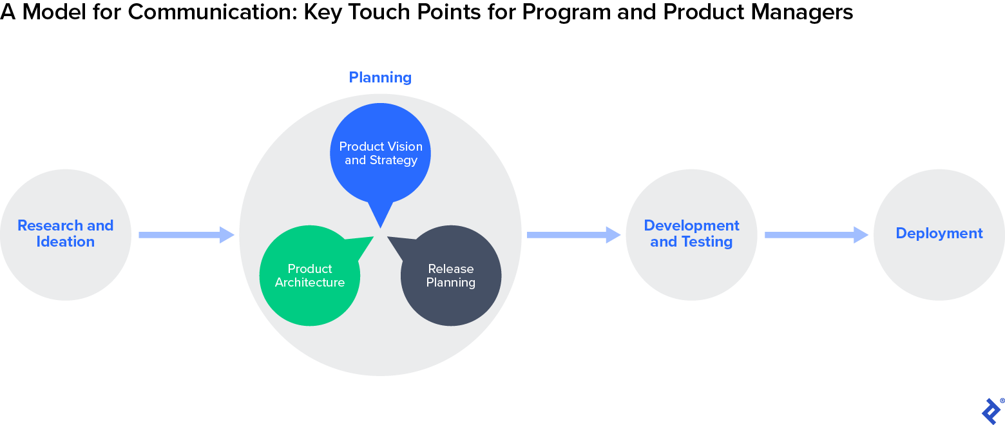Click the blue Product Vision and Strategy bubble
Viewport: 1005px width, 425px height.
[381, 153]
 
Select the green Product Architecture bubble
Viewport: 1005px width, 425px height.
[310, 276]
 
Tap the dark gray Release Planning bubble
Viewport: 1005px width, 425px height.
[451, 276]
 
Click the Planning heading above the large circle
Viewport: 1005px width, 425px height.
[380, 77]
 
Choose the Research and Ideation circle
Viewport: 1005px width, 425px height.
[66, 234]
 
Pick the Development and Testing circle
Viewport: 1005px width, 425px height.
[691, 234]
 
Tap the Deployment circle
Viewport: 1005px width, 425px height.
[939, 234]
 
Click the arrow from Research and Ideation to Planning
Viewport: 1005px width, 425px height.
[186, 235]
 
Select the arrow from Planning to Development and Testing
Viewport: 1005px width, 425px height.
[573, 235]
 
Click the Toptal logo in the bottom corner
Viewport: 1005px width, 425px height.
[991, 410]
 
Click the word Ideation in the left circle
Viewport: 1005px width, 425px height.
[65, 242]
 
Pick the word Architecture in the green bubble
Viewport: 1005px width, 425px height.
[310, 283]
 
